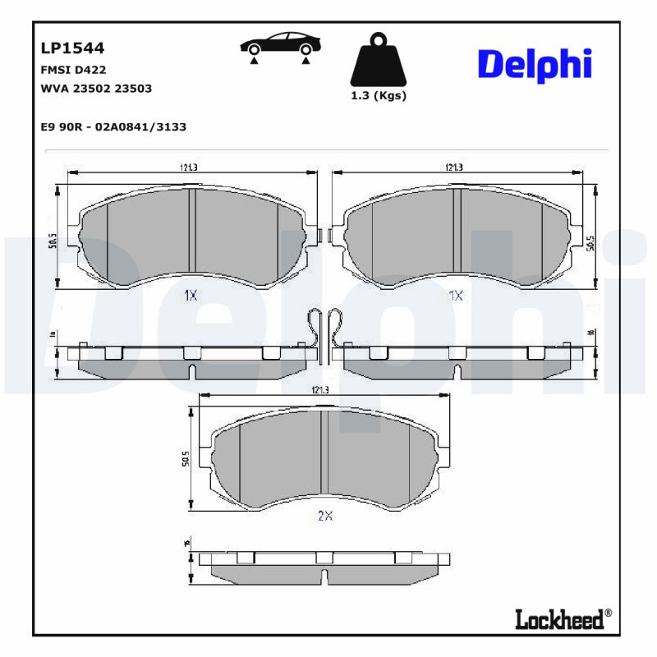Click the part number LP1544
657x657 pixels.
click(72, 49)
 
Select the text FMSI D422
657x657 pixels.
click(73, 71)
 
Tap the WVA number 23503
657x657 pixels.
click(133, 89)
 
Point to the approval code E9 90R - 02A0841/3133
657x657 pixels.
click(113, 126)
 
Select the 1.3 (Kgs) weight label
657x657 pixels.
click(379, 95)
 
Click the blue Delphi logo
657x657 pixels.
click(534, 63)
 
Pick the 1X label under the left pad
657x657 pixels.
click(190, 296)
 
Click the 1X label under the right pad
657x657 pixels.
click(456, 296)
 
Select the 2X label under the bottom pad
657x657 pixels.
click(324, 516)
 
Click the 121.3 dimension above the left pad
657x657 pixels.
click(189, 167)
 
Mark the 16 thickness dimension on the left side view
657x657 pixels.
click(51, 335)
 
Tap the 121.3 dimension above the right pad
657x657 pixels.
click(454, 167)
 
